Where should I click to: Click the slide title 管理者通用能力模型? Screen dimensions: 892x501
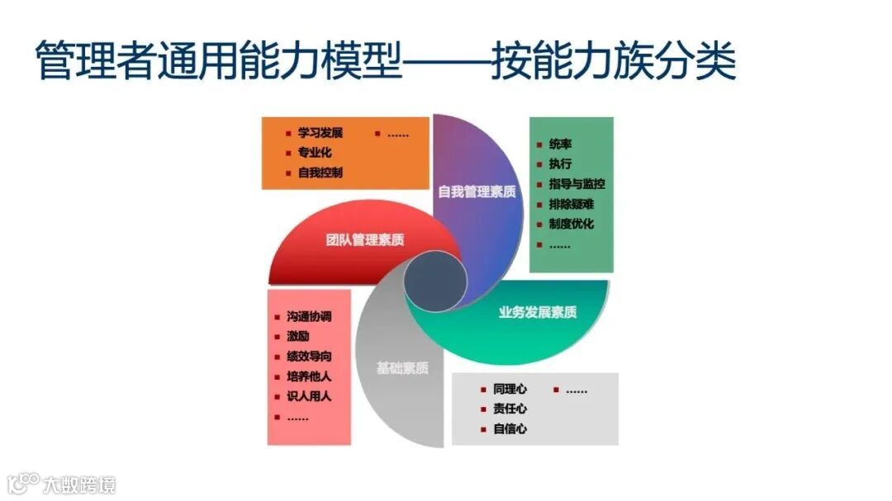click(x=220, y=62)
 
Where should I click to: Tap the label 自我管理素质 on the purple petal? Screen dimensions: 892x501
click(x=477, y=191)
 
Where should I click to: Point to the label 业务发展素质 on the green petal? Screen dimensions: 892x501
click(x=538, y=312)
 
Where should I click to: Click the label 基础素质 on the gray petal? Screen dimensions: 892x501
click(x=402, y=369)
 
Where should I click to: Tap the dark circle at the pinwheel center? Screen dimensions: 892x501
click(x=435, y=281)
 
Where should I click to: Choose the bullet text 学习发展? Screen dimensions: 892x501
click(x=320, y=132)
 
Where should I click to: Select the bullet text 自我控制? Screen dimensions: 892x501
click(x=320, y=173)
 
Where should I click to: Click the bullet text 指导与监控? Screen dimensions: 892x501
click(x=576, y=183)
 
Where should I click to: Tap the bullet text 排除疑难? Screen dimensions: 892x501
click(x=571, y=204)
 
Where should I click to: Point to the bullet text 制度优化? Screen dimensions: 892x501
click(x=571, y=224)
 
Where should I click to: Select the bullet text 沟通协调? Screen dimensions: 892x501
click(x=309, y=316)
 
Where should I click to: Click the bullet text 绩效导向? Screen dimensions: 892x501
click(x=309, y=357)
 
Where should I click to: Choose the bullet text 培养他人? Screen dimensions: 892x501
click(x=309, y=376)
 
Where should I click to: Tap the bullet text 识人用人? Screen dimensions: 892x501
click(x=309, y=396)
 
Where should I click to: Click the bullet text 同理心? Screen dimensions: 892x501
click(x=510, y=389)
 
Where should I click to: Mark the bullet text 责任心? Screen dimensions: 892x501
click(x=510, y=409)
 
